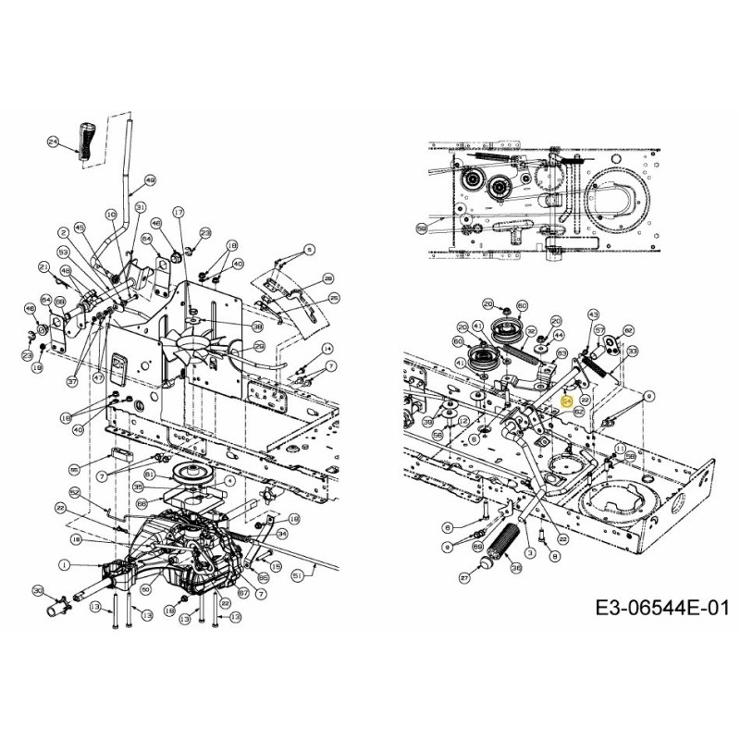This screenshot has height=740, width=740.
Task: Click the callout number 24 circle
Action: (x=53, y=142)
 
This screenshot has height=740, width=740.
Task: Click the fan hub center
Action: (x=199, y=350)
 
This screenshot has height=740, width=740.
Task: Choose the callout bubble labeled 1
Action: (x=64, y=565)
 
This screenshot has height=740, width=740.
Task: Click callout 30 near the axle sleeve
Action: (x=37, y=591)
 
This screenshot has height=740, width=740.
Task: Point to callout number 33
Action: (x=632, y=352)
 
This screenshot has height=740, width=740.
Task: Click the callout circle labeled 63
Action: (x=561, y=352)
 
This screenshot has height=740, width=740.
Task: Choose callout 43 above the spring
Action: (x=593, y=315)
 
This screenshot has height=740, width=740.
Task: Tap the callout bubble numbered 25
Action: (x=334, y=298)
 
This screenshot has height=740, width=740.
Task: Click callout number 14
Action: (x=327, y=349)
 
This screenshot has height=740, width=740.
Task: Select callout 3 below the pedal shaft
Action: (x=530, y=552)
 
